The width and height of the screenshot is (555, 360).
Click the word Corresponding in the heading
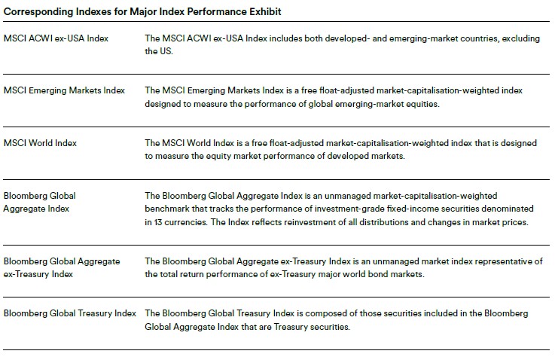(x=38, y=12)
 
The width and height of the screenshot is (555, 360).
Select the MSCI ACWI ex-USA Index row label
(x=56, y=38)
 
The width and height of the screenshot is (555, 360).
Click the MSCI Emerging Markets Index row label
(x=64, y=90)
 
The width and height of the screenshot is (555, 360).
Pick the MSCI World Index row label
(x=40, y=143)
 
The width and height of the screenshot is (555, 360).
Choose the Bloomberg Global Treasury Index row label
(x=70, y=313)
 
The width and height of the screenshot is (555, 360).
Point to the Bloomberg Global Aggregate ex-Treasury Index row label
(x=62, y=267)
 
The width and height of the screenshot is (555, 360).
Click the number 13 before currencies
(x=158, y=222)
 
